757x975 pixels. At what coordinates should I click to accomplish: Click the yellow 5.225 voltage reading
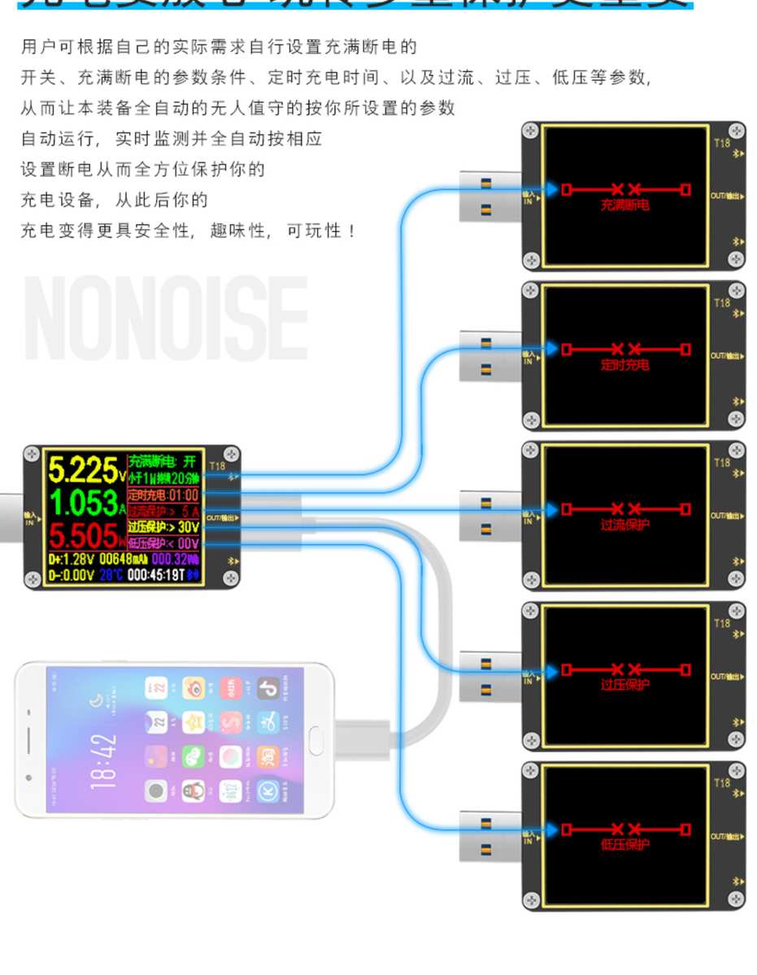tap(84, 470)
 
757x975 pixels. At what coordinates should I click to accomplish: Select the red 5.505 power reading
tap(84, 536)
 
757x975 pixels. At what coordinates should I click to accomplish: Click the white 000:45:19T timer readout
tap(155, 575)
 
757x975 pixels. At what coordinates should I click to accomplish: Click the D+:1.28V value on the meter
tap(72, 559)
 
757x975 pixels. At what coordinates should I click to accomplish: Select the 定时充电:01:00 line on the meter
tap(163, 495)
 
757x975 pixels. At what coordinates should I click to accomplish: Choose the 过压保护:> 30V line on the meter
tap(163, 527)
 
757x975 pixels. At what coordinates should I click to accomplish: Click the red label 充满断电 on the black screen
tap(624, 206)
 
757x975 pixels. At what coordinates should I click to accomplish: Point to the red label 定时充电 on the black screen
tap(624, 366)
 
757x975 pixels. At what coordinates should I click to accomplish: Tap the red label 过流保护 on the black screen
tap(624, 526)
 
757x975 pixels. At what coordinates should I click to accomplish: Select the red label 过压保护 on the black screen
tap(624, 685)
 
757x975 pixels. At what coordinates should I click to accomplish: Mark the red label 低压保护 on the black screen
tap(624, 845)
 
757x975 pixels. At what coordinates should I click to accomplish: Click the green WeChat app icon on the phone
tap(194, 755)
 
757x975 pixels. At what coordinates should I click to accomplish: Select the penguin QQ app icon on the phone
tap(194, 789)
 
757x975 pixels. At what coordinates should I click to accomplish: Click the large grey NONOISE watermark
tap(167, 318)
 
